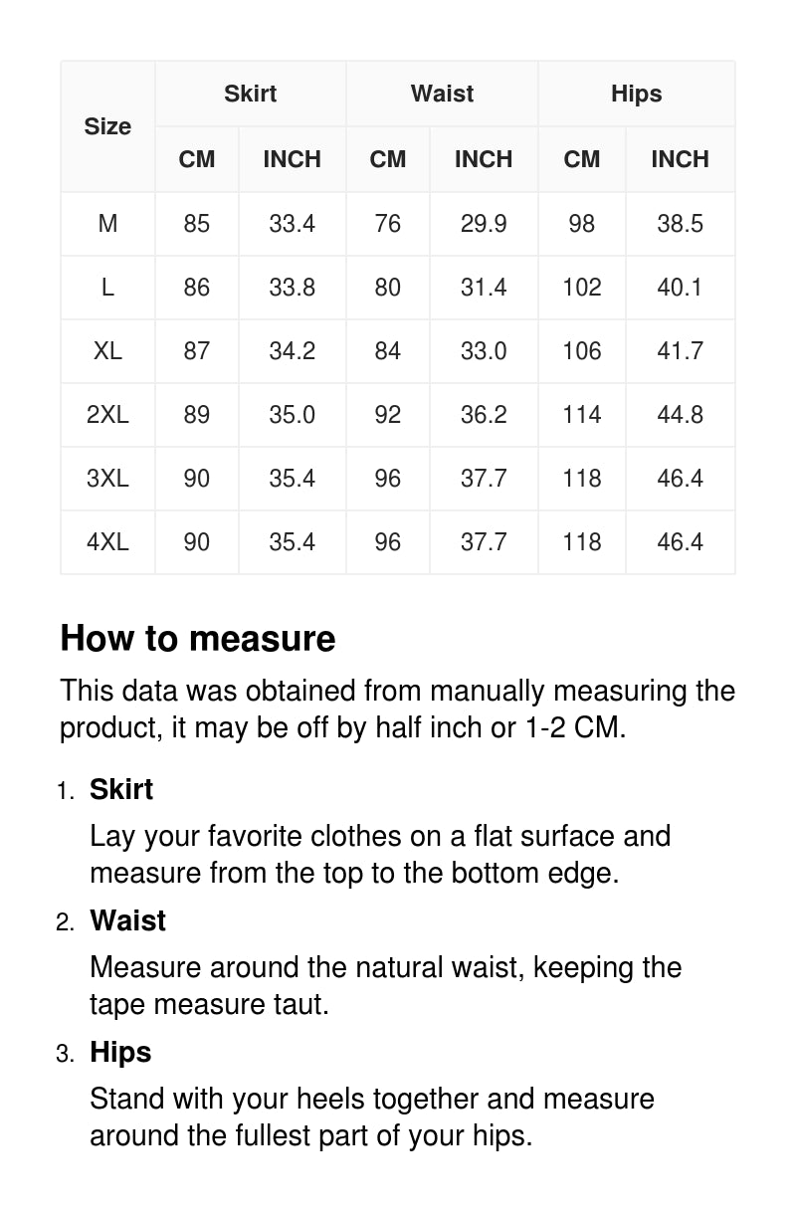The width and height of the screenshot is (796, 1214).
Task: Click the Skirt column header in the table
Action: coord(250,94)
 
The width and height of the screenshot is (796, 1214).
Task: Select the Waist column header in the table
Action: coord(442,94)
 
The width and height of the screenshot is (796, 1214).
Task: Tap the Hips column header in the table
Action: coord(636,94)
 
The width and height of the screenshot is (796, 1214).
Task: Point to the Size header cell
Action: coord(107,126)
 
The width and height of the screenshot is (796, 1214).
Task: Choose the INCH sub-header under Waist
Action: coord(483,159)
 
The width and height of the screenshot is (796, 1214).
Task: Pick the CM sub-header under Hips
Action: coord(581,159)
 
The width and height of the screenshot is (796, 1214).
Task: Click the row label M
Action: coord(107,224)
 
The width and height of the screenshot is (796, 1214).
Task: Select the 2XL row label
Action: coord(107,415)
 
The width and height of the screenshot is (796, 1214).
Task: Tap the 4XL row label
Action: coord(107,542)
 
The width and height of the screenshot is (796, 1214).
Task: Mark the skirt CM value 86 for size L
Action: coord(197,288)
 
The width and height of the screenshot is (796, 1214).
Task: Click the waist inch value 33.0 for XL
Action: coord(483,351)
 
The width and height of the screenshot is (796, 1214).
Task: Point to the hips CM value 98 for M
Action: coord(581,224)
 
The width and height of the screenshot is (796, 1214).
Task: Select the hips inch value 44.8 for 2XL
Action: coord(680,415)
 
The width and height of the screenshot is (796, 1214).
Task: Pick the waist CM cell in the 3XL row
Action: coord(387,479)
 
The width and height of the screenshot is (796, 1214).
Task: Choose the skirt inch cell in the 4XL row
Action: coord(292,542)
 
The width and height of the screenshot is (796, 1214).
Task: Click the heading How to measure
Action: coord(198,639)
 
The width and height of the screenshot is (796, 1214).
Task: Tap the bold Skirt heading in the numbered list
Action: coord(121,789)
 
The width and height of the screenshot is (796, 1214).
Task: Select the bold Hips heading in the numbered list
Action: coord(120,1052)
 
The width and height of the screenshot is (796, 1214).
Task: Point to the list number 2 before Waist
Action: coord(65,922)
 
